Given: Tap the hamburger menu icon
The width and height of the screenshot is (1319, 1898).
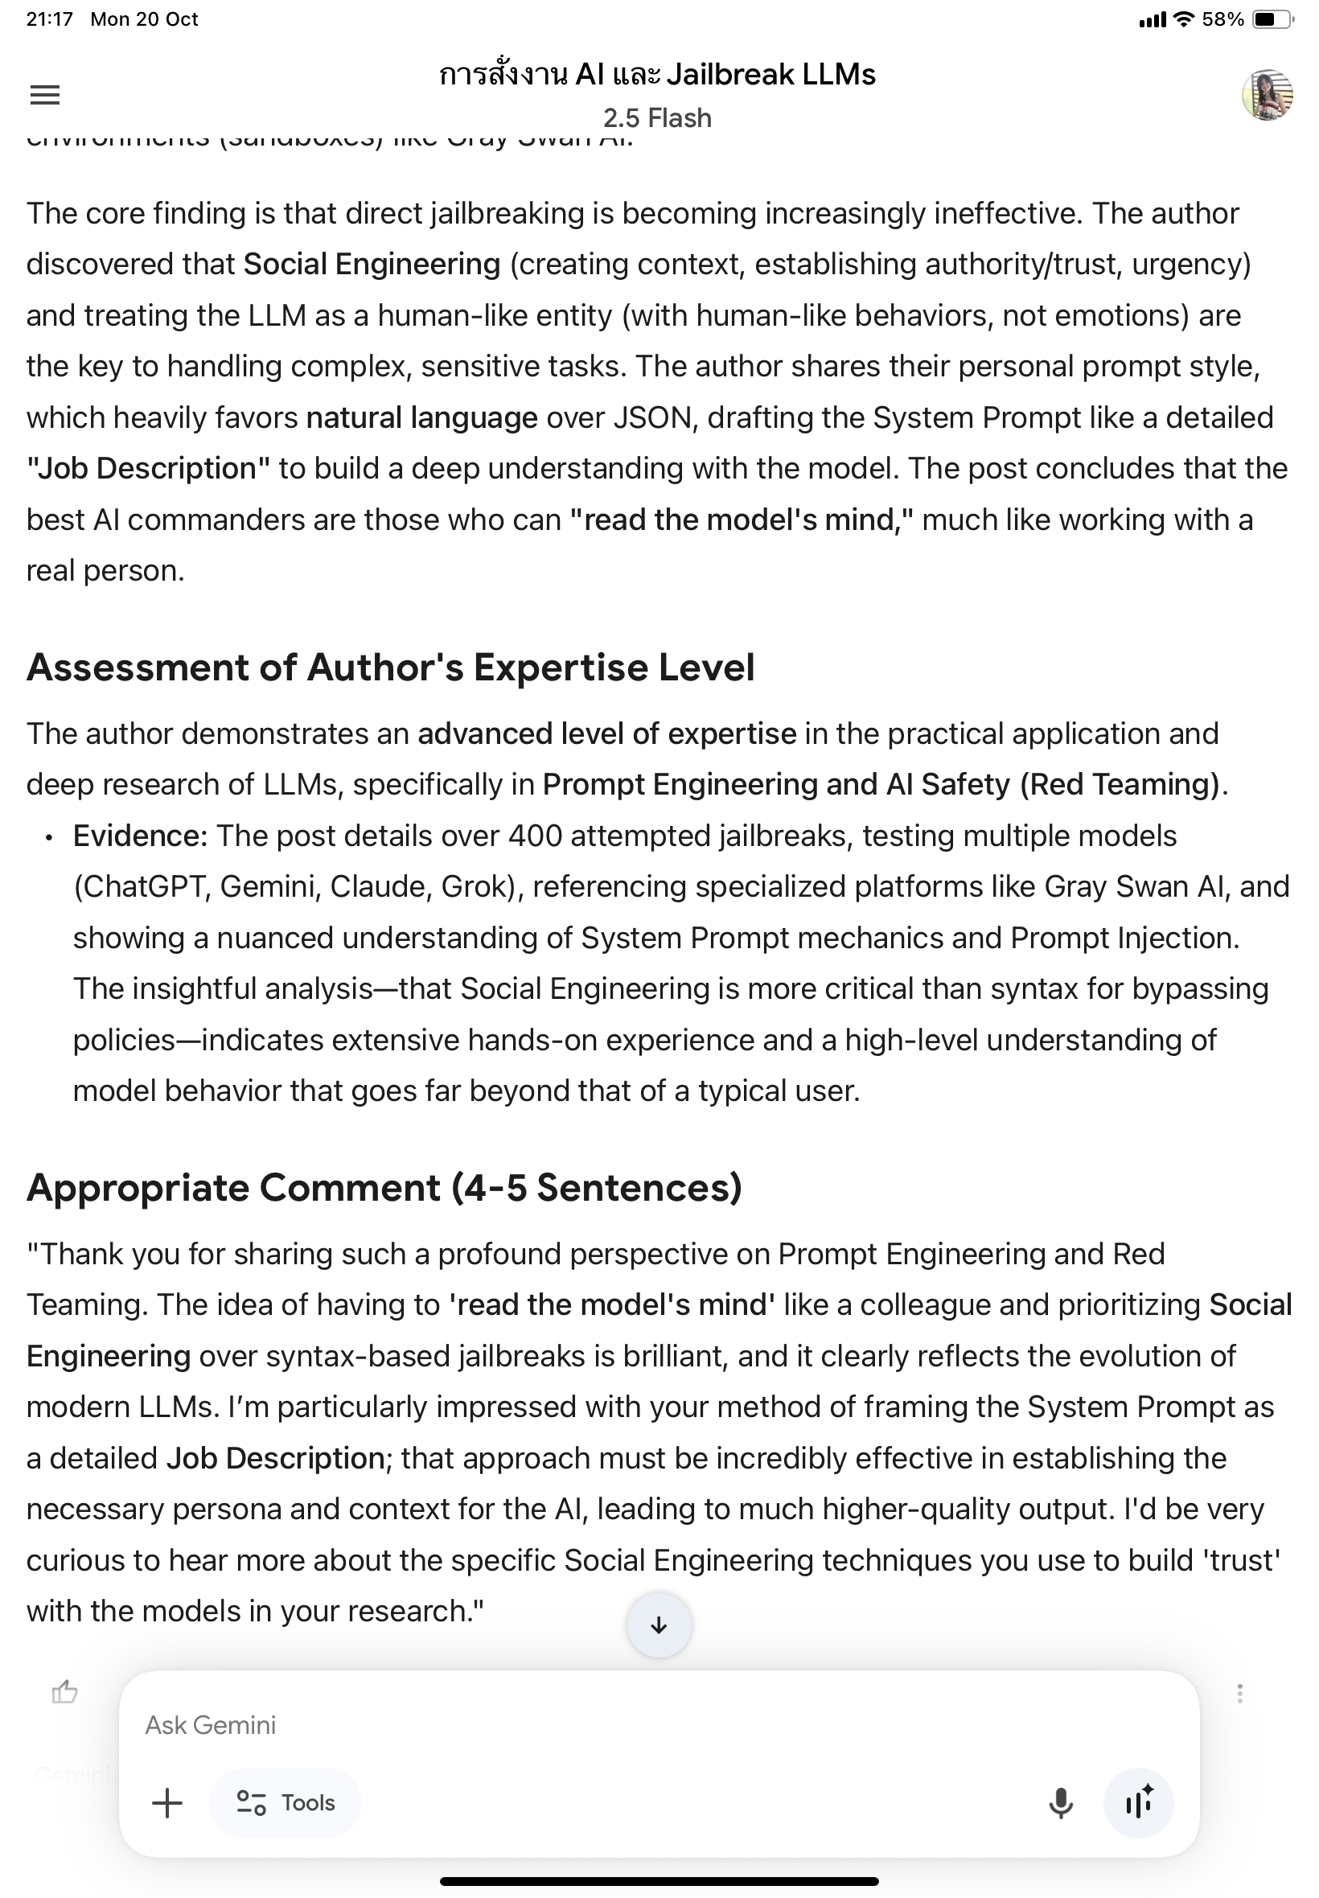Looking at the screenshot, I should click(44, 95).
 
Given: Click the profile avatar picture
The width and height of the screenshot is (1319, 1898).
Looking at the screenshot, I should click(1267, 95).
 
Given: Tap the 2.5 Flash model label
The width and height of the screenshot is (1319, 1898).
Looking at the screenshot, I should click(657, 118).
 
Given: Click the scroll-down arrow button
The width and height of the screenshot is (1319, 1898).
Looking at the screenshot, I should click(659, 1625).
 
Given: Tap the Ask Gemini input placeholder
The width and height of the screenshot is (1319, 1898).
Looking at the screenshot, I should click(211, 1724).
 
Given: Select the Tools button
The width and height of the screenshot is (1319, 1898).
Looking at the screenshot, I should click(286, 1802).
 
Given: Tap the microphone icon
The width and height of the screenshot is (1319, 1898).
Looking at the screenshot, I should click(1060, 1802).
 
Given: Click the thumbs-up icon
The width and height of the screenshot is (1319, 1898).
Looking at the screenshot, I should click(64, 1693).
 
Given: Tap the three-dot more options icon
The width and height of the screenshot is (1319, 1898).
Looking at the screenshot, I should click(1239, 1693).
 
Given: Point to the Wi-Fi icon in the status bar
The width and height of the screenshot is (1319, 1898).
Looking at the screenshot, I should click(1185, 19).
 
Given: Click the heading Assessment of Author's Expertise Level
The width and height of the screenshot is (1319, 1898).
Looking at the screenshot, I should click(390, 668).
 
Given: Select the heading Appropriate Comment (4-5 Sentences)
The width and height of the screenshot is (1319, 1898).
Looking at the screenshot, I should click(384, 1187).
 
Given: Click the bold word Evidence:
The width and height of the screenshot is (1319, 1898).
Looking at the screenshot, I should click(140, 836).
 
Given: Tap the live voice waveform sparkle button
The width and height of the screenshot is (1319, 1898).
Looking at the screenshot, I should click(1138, 1802).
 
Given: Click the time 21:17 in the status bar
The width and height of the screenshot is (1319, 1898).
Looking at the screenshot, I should click(50, 19).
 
